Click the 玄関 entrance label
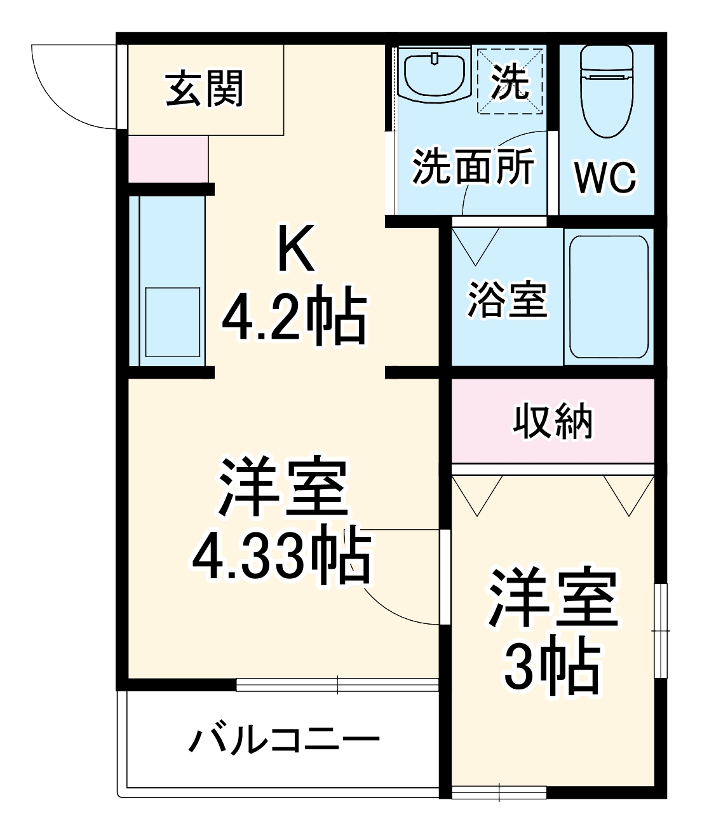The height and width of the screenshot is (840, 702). click(x=205, y=89)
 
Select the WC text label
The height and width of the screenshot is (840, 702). click(x=605, y=178)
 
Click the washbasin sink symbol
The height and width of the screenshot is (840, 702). click(x=436, y=76)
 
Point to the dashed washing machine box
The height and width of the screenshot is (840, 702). click(x=511, y=81)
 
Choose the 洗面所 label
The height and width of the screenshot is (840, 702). click(x=473, y=167)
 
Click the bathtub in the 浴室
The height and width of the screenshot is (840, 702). click(x=609, y=297)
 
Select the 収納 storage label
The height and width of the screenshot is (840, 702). click(x=553, y=421)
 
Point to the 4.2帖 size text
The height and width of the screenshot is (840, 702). click(x=294, y=318)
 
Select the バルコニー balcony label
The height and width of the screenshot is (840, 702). click(x=284, y=741)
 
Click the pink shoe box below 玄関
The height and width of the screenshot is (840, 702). click(x=168, y=159)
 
